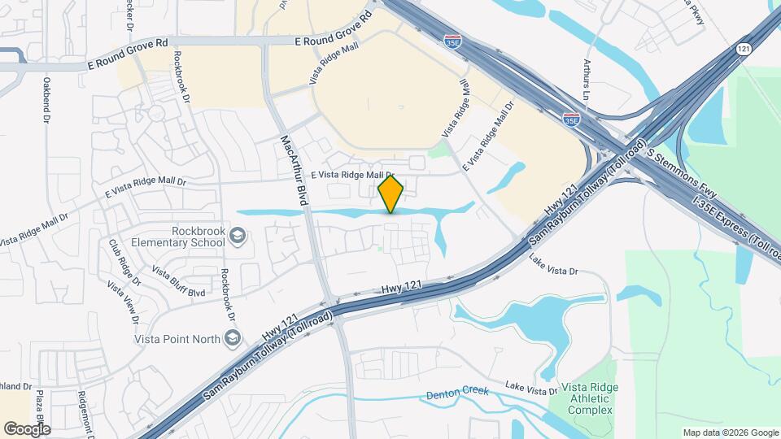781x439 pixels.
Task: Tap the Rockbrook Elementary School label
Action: [186, 237]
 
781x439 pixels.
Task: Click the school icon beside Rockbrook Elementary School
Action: [238, 237]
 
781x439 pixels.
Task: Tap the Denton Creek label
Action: [458, 393]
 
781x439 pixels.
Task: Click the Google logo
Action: [27, 428]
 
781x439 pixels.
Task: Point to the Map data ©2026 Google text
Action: [730, 432]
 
